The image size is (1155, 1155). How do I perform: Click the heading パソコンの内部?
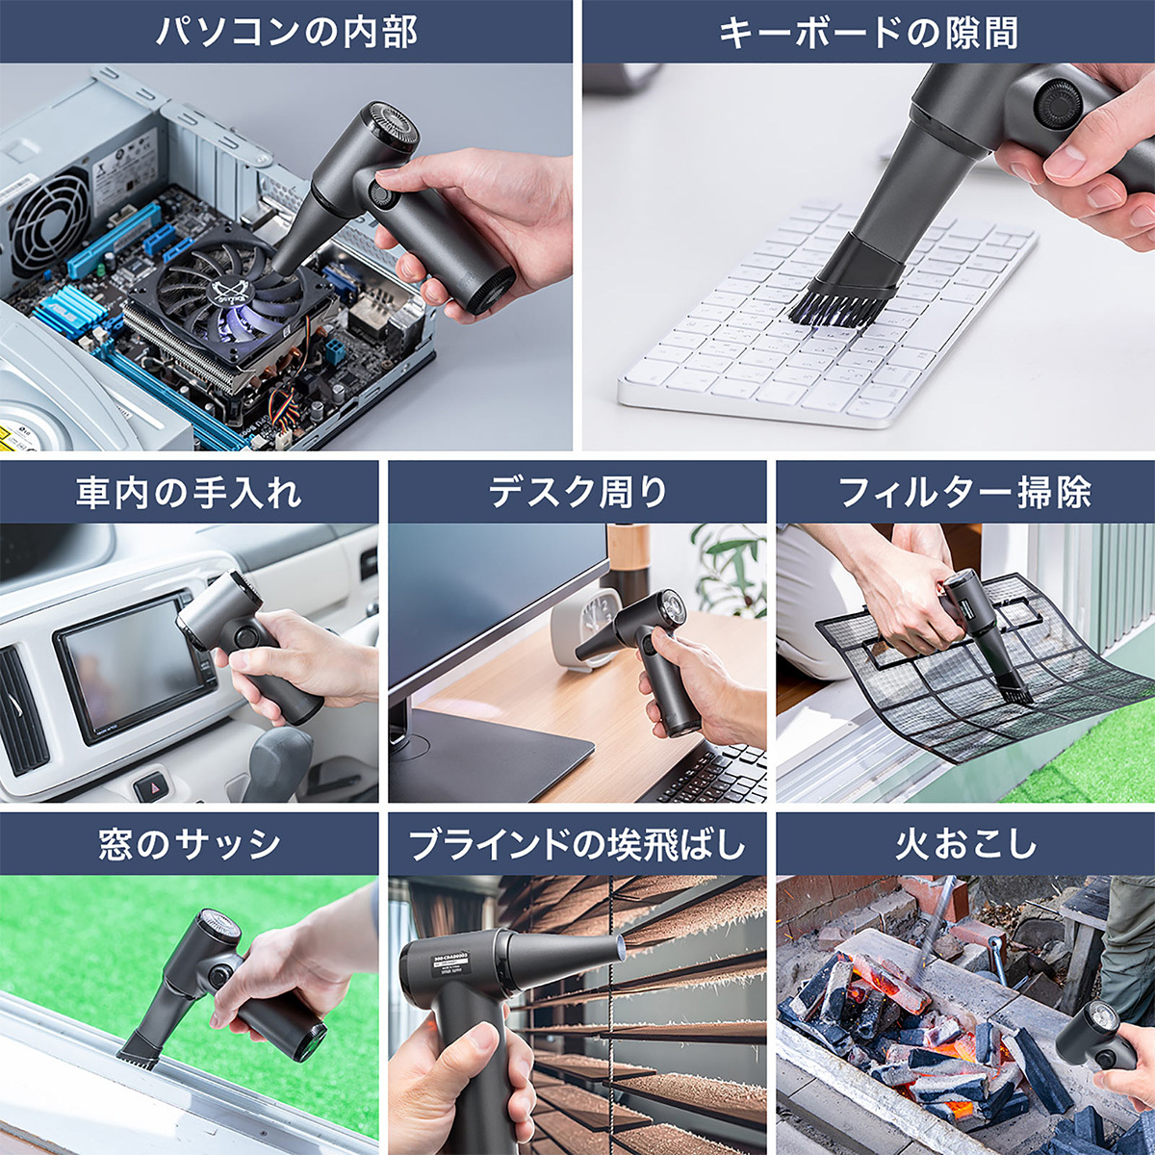click(286, 32)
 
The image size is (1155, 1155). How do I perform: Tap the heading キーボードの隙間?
click(868, 32)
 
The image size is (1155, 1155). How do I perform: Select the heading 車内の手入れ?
click(189, 493)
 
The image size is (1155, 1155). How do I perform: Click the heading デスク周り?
click(577, 493)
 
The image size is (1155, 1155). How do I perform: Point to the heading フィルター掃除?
click(965, 493)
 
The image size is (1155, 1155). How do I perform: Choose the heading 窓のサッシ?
click(189, 845)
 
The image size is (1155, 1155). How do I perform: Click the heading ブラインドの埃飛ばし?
click(577, 845)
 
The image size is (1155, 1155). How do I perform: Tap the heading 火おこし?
click(965, 845)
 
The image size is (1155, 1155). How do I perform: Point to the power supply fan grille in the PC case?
click(48, 222)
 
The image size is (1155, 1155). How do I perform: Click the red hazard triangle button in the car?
click(151, 787)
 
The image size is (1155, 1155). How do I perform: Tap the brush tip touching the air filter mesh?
click(1011, 687)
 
